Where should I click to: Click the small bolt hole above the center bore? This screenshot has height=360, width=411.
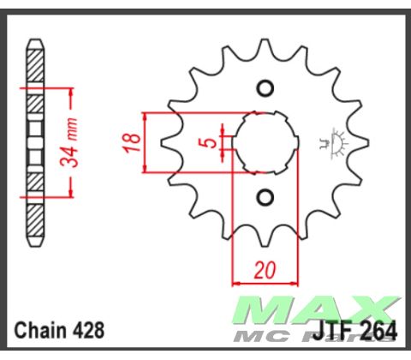pos(265,87)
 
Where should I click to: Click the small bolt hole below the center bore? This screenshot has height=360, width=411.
pos(265,198)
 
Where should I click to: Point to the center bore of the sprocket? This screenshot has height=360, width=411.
pos(265,142)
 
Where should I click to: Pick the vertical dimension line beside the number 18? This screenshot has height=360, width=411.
pos(146,142)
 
